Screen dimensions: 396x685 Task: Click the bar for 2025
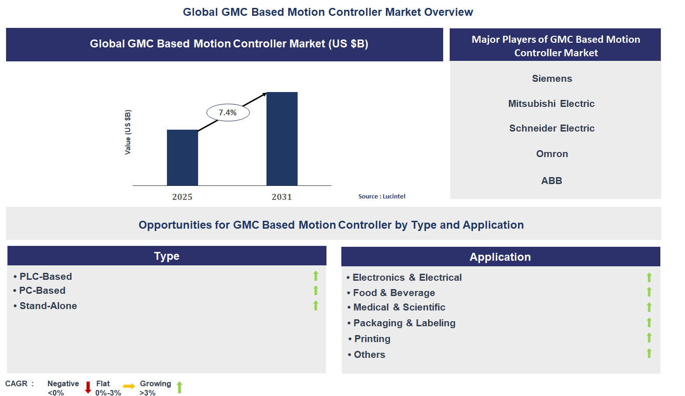click(182, 158)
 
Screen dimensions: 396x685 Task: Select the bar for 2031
click(282, 139)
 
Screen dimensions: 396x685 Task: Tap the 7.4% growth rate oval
click(228, 112)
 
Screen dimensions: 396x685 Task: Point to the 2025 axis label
click(182, 197)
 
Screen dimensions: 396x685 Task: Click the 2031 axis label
click(282, 197)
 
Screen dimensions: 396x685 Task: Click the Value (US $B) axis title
click(128, 132)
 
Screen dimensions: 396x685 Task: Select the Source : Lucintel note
click(382, 197)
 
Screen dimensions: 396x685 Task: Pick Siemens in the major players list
click(552, 79)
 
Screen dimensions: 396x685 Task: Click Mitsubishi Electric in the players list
click(551, 104)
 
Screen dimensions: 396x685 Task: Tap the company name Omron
click(552, 154)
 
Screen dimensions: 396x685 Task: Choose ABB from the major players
click(552, 181)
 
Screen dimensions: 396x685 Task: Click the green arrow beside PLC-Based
click(316, 276)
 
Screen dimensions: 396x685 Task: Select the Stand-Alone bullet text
click(48, 306)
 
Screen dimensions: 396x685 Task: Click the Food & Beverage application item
click(393, 293)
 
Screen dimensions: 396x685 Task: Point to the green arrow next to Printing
click(649, 338)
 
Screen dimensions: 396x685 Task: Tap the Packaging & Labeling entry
click(404, 323)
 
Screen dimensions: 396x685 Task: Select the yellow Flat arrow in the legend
click(129, 386)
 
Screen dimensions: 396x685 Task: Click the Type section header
click(167, 256)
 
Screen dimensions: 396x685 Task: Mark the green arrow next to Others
click(649, 354)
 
